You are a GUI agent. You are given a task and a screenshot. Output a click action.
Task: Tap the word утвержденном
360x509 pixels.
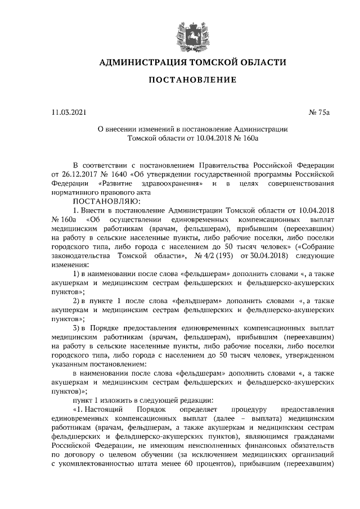[311, 355]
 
